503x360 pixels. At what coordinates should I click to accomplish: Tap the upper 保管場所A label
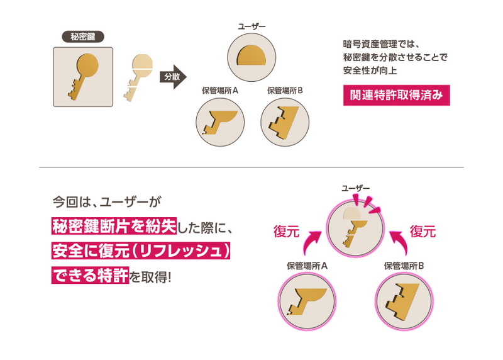pyautogui.click(x=220, y=91)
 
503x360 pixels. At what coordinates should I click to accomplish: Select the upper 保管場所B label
pyautogui.click(x=285, y=91)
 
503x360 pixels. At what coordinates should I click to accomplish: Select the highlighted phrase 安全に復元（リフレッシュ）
pyautogui.click(x=143, y=250)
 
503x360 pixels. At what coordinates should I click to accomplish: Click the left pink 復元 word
pyautogui.click(x=286, y=230)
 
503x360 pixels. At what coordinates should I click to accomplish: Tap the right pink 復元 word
pyautogui.click(x=423, y=230)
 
